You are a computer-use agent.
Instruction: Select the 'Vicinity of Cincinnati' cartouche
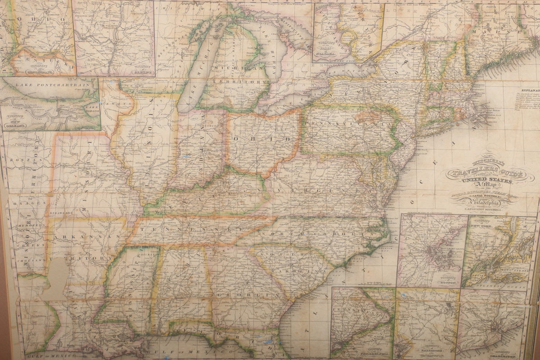point(31,68)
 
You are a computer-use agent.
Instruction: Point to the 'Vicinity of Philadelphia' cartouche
point(367,351)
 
